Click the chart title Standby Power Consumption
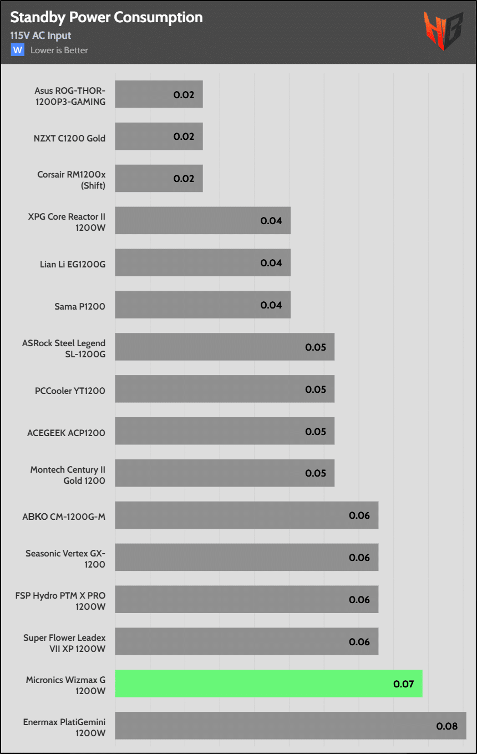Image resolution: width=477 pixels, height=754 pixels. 106,17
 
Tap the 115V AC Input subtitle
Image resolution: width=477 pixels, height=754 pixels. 40,36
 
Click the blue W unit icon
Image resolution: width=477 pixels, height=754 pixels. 18,50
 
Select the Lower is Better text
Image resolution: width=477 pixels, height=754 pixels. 59,50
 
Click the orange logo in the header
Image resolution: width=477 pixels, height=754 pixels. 443,31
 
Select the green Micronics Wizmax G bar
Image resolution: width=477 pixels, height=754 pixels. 268,684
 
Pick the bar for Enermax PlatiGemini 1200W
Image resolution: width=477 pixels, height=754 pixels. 290,726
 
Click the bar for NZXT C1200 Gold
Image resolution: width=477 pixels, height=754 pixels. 159,136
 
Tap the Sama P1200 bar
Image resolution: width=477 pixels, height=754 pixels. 202,305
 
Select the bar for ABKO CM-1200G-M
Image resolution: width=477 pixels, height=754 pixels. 246,515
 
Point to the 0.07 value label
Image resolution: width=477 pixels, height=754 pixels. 404,684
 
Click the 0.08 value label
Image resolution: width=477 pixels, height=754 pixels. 447,726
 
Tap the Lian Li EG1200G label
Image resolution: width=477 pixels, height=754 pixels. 73,264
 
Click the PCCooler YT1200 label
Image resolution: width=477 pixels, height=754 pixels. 70,390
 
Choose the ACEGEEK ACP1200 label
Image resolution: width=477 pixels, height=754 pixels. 66,432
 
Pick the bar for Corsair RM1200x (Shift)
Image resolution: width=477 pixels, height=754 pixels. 159,179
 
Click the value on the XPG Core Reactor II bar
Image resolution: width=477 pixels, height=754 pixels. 271,221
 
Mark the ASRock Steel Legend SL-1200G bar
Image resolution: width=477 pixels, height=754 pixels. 225,347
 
